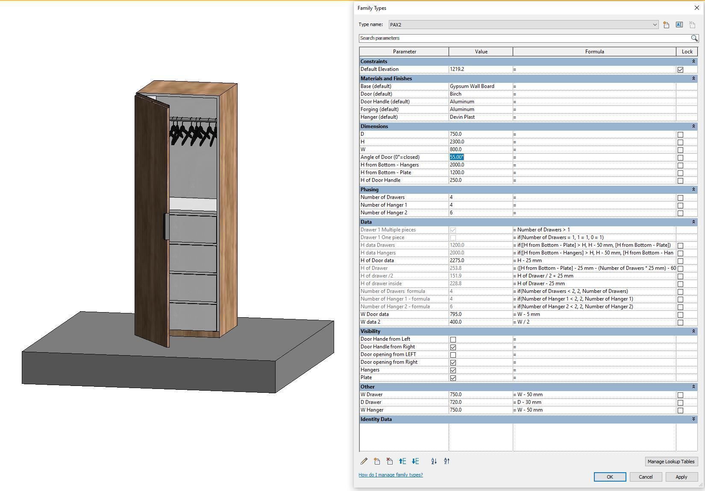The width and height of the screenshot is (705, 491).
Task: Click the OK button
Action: [610, 477]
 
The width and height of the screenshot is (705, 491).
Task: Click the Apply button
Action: [681, 477]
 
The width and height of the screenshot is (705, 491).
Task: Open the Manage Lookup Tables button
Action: [671, 462]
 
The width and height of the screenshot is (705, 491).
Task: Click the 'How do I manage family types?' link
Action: [391, 475]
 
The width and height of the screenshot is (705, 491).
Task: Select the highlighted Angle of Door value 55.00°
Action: [457, 157]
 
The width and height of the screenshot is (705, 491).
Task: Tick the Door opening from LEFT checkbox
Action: [453, 355]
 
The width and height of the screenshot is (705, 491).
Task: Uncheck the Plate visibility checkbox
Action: [453, 378]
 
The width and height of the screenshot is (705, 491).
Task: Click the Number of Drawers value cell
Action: [480, 197]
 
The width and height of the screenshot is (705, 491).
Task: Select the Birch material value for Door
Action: [480, 94]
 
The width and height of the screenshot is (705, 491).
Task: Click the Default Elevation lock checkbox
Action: [680, 70]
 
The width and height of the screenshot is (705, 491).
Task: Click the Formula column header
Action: [594, 52]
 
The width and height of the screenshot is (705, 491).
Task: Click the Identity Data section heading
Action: [376, 419]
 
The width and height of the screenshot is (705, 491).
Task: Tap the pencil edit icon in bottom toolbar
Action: [364, 461]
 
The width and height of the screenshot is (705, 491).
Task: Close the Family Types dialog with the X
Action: [697, 8]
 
